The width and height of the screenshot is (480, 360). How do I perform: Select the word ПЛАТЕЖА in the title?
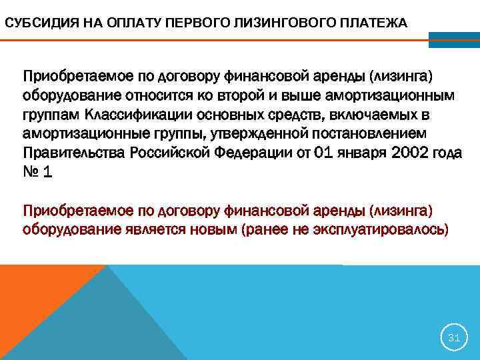(373, 24)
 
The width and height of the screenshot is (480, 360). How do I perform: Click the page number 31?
(454, 338)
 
